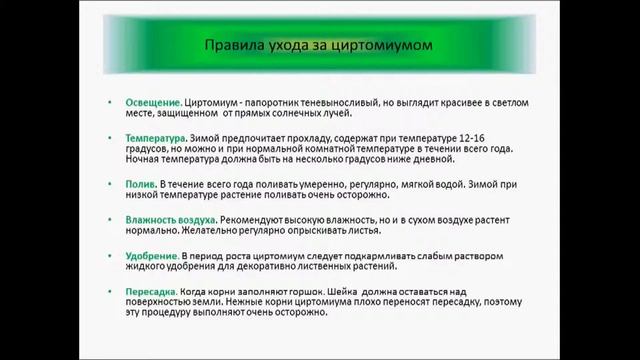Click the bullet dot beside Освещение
click(x=112, y=103)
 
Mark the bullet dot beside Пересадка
click(x=112, y=291)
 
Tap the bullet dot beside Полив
click(x=112, y=186)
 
